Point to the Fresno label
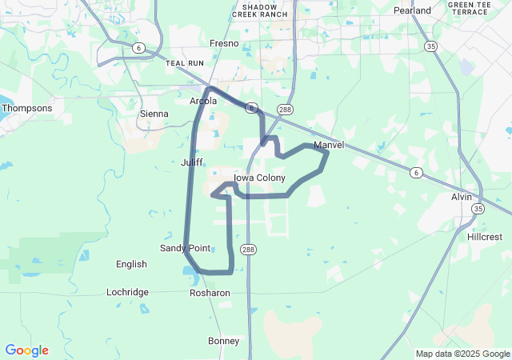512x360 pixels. tap(224, 43)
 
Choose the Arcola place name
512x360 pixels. tap(203, 101)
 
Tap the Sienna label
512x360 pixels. tap(154, 114)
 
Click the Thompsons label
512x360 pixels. tap(26, 108)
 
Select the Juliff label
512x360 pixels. tap(192, 162)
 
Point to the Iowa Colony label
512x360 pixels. tap(259, 178)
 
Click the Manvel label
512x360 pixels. tap(329, 146)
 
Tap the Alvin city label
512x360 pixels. tap(462, 197)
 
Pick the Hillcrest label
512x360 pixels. tap(485, 237)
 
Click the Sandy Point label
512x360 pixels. tap(185, 248)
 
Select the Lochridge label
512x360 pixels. tap(127, 292)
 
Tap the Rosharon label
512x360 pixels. tap(210, 293)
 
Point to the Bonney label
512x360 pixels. tap(223, 341)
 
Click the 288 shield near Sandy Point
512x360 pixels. tap(250, 249)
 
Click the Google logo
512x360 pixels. tap(26, 350)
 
